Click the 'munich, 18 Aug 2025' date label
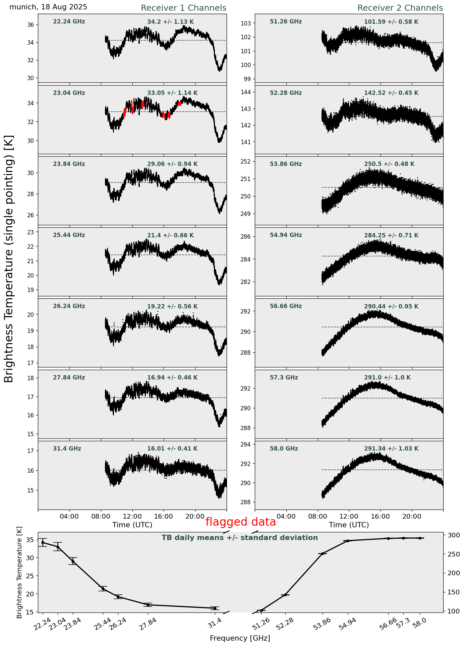coord(48,7)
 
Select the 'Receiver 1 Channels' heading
coord(183,8)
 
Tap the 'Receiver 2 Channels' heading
coord(400,8)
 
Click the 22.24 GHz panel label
coord(69,22)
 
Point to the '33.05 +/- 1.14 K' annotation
coord(172,93)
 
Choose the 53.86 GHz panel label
coord(286,164)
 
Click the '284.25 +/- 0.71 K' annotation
coord(391,235)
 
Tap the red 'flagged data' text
coord(240,522)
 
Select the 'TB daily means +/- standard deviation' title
coord(240,538)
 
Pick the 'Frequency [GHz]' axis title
coord(240,638)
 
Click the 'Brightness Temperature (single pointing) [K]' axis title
coord(9,259)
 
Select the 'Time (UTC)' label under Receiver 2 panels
coord(349,525)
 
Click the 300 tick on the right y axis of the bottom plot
coord(451,535)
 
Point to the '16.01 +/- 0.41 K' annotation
coord(172,449)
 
